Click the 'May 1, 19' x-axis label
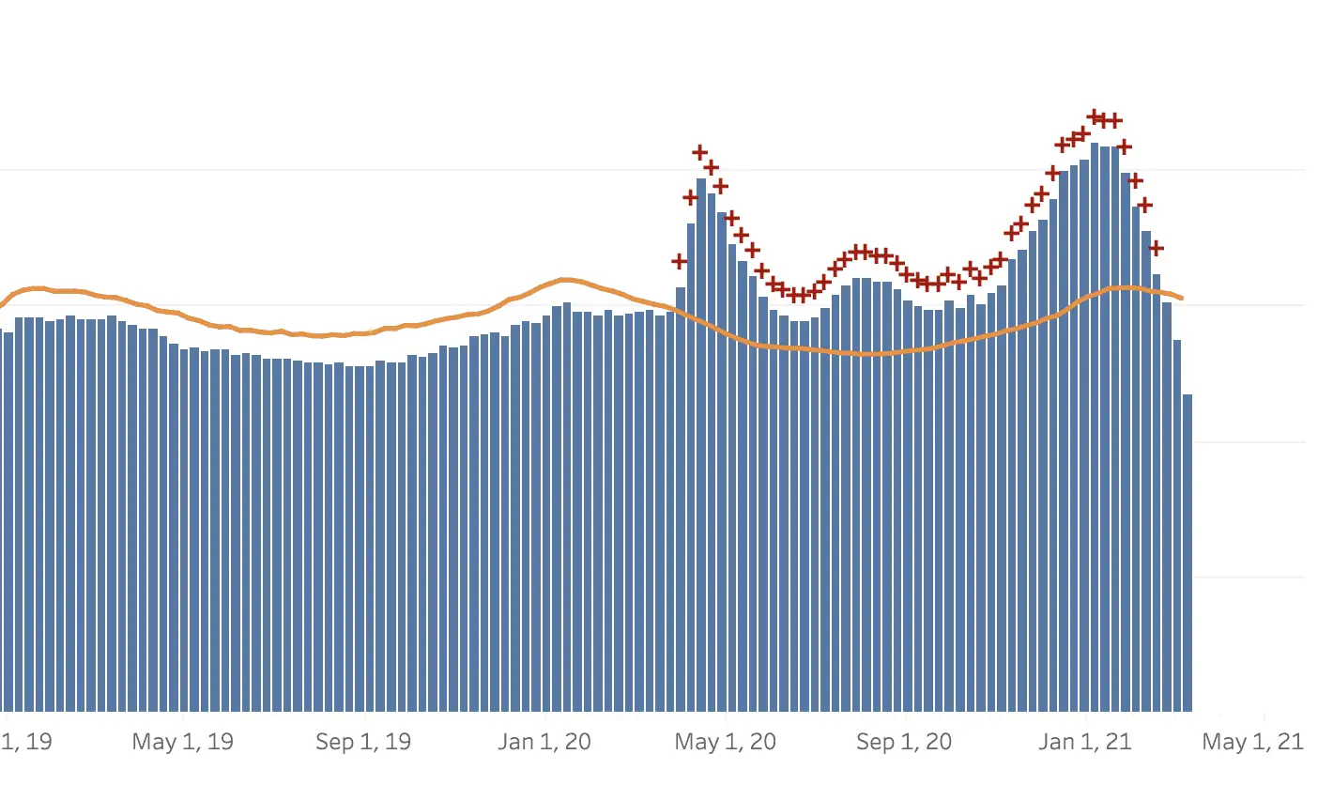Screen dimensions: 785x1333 point(182,742)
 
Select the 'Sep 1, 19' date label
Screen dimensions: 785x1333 point(363,742)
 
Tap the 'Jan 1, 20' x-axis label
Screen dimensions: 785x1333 point(544,742)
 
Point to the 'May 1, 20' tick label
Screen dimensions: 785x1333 point(726,742)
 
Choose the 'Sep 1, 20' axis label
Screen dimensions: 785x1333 point(905,742)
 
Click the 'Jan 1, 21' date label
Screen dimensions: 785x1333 point(1085,742)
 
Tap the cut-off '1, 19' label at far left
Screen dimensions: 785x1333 point(26,742)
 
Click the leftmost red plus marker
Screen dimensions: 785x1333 point(680,261)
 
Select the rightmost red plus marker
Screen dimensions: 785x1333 point(1157,248)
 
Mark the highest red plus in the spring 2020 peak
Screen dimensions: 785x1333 point(700,152)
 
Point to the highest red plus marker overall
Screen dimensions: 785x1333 point(1095,116)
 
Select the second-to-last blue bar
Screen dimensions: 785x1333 point(1177,526)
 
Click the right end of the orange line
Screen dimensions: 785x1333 point(1182,299)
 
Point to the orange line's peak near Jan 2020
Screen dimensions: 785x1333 point(564,280)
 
